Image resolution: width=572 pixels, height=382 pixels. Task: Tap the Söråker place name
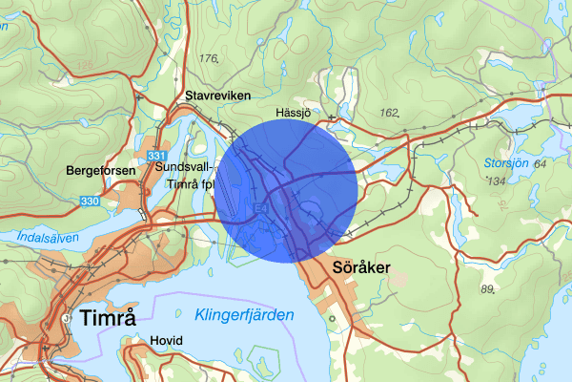tap(360, 268)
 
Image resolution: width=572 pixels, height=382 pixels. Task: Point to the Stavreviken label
tap(209, 95)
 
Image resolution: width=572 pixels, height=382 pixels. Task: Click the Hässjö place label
tap(294, 113)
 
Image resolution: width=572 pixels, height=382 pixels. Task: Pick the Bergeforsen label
tap(100, 170)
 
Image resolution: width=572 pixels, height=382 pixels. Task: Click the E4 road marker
tap(260, 204)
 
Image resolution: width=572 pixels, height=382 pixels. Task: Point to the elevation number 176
tap(209, 59)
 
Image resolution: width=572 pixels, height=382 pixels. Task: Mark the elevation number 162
tap(388, 113)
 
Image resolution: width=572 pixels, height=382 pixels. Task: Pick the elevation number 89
tap(488, 289)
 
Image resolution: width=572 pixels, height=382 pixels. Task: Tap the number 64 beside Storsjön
tap(541, 164)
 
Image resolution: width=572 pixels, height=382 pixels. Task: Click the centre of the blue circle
tap(286, 191)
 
